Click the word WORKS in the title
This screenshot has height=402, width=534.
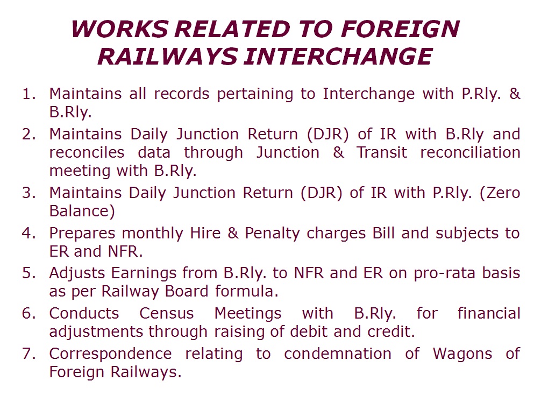(x=120, y=29)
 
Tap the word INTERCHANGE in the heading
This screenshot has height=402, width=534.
(x=338, y=57)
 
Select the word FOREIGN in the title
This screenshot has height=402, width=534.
(x=400, y=29)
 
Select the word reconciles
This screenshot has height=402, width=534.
(x=87, y=152)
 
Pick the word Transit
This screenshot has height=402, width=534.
(x=382, y=152)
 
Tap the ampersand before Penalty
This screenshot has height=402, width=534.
(x=233, y=234)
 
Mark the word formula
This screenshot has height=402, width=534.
(x=247, y=291)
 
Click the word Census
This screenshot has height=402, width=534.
(x=167, y=313)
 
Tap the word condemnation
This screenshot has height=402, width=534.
(x=338, y=354)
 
